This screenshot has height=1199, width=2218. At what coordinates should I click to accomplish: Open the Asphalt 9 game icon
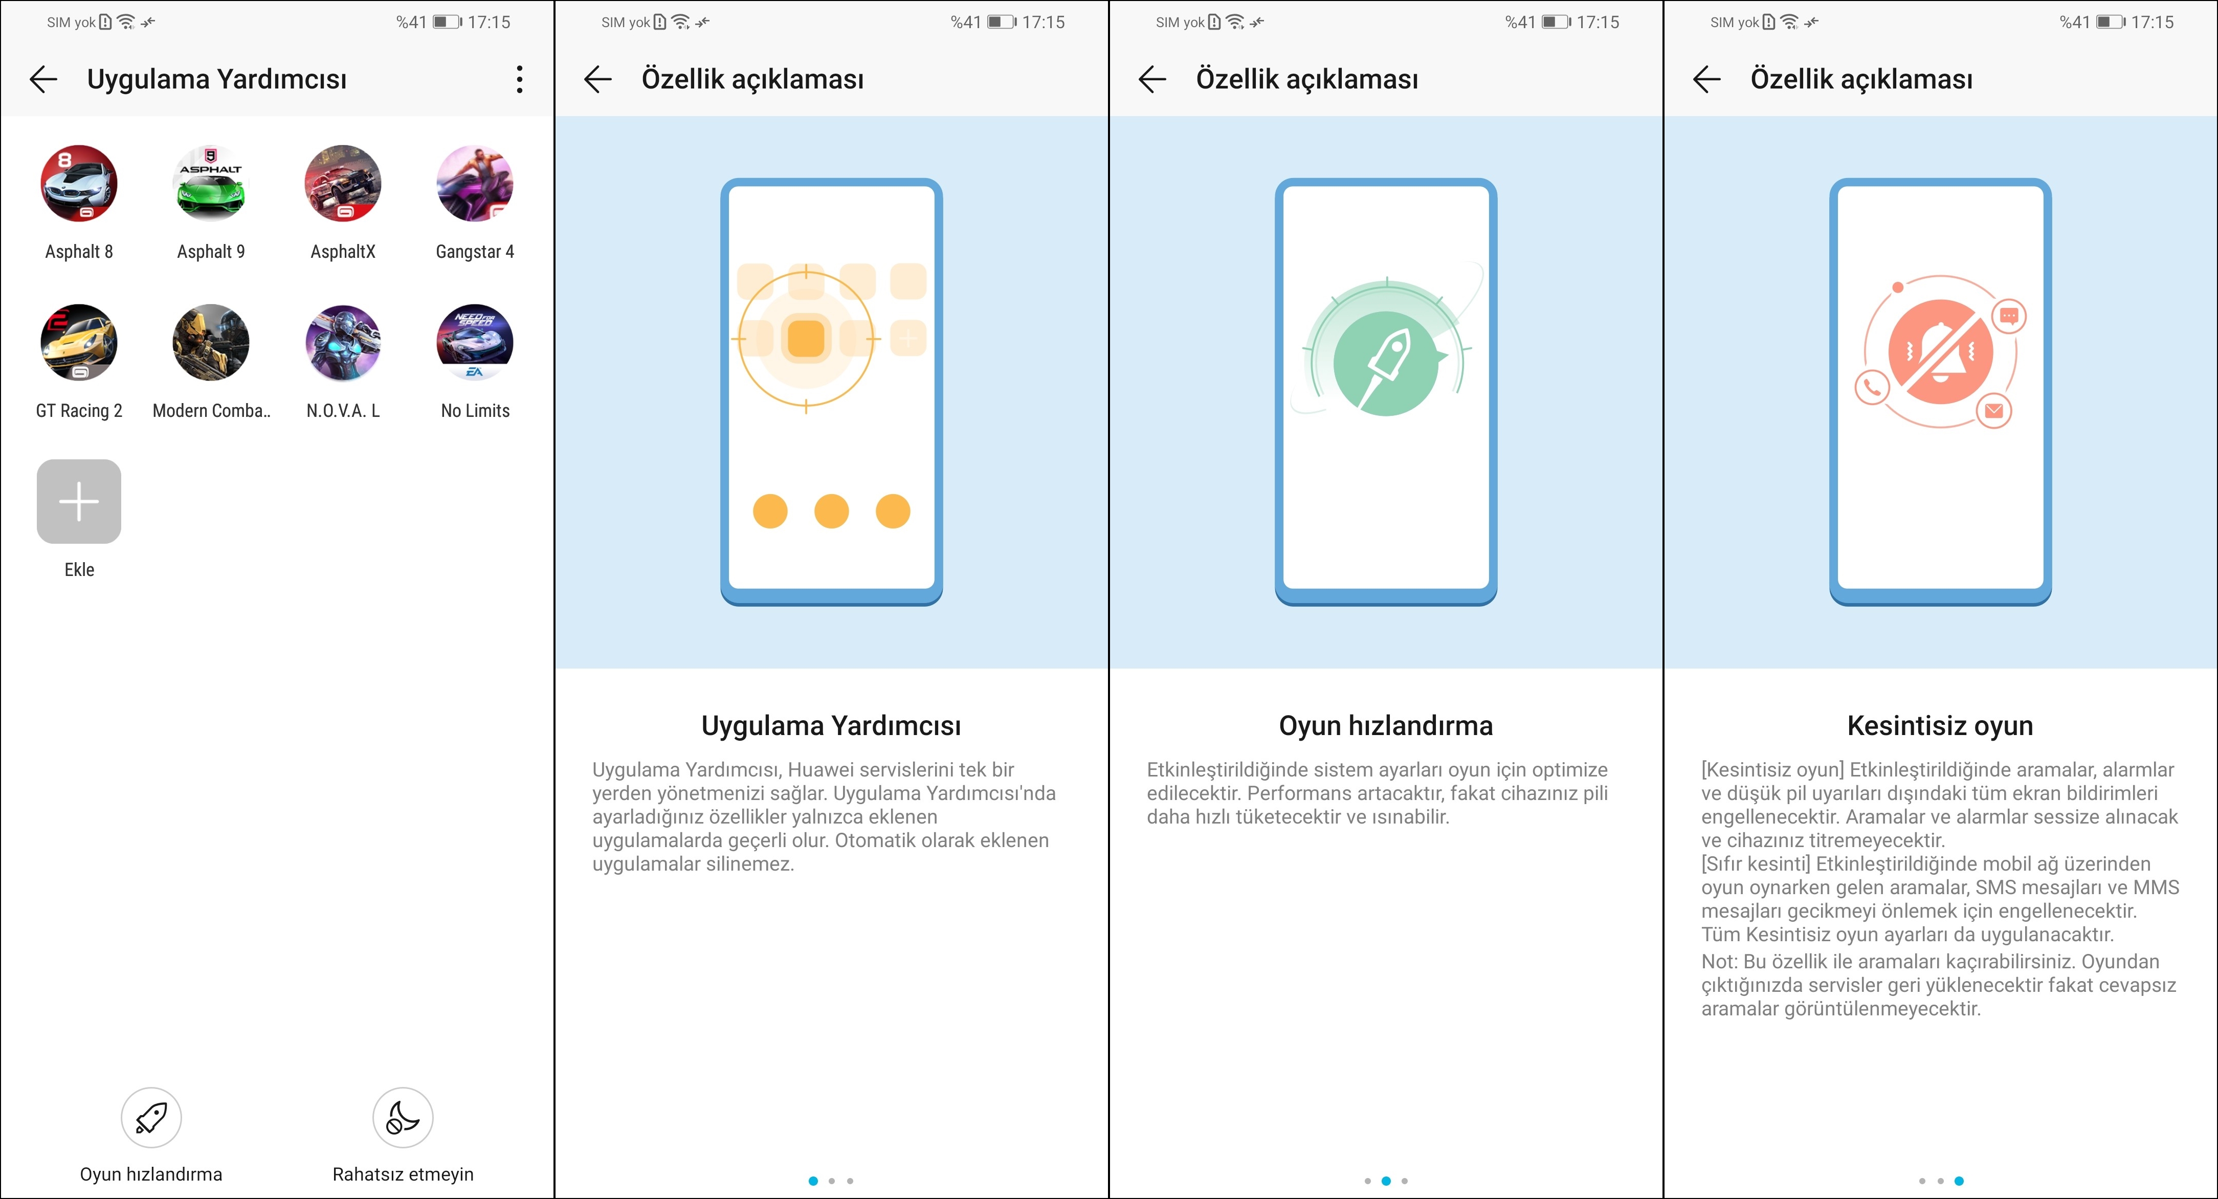211,183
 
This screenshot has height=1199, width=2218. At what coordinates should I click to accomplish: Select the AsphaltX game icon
343,183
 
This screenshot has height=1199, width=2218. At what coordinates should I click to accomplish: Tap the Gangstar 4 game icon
475,183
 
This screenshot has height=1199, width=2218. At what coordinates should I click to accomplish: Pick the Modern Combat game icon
211,343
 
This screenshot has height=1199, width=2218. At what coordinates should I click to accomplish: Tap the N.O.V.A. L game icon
343,343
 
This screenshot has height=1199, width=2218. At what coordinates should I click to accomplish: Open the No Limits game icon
475,343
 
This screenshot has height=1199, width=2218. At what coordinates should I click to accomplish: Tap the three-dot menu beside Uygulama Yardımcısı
519,79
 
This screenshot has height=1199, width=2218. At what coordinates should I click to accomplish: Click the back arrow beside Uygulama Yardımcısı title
43,79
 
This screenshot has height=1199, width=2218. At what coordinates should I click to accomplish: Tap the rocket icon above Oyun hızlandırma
151,1117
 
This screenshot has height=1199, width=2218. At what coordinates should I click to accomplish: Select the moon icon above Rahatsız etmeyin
403,1117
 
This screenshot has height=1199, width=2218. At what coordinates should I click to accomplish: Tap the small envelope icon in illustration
1994,411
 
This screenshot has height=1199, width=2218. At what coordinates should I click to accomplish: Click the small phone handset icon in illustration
1872,387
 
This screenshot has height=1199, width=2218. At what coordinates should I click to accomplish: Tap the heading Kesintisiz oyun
1940,726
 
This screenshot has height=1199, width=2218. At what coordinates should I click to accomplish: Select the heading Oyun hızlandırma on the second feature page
1385,726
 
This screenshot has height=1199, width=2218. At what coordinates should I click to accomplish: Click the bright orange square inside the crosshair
806,338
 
